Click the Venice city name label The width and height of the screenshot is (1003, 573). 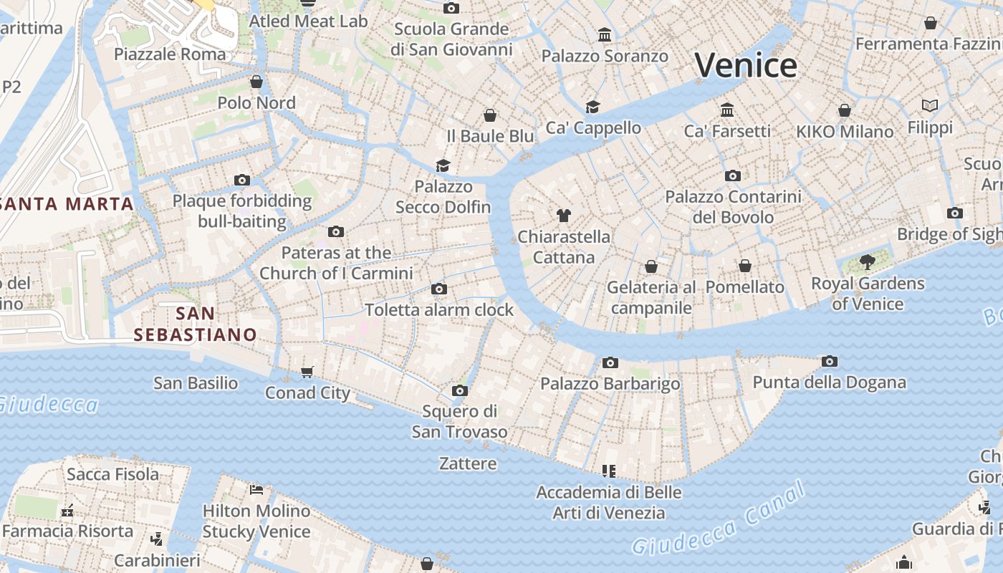(746, 66)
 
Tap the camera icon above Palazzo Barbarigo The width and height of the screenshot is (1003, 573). (610, 362)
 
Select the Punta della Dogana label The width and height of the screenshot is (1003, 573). (829, 382)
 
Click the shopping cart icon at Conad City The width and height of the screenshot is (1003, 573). (307, 372)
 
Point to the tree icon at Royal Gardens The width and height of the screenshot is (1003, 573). (868, 261)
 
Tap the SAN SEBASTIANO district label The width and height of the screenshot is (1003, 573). (195, 324)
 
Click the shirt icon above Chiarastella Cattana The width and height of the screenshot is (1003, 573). (564, 215)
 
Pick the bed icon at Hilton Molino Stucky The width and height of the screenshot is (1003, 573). (256, 490)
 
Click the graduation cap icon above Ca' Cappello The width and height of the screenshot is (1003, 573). (592, 107)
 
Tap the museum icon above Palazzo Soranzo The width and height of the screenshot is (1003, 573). (605, 34)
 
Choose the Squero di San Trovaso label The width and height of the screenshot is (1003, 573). (459, 422)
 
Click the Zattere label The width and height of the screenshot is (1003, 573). (468, 463)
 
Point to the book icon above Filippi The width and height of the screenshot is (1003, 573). (930, 106)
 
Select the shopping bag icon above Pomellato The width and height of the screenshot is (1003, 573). (745, 266)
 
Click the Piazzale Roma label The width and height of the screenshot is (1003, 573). (170, 54)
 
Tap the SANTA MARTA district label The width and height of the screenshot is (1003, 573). (67, 204)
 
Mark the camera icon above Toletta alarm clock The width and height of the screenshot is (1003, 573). (439, 289)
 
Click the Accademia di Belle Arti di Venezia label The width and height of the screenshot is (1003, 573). (609, 503)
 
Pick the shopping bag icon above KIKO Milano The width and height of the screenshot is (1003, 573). (845, 110)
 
